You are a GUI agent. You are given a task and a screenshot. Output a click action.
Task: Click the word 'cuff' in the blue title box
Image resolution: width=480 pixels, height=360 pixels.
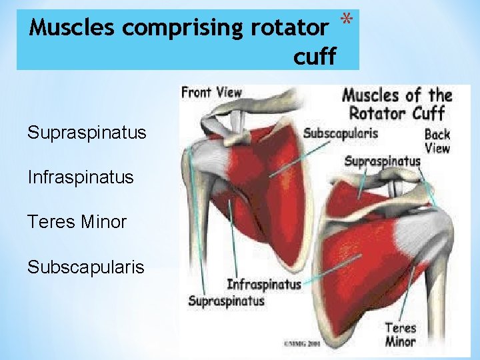(315, 57)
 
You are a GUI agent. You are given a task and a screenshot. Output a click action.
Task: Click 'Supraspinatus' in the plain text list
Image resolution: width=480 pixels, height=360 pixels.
(87, 133)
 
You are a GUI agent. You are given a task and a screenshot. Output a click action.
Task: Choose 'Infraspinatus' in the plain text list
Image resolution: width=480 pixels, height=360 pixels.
(81, 177)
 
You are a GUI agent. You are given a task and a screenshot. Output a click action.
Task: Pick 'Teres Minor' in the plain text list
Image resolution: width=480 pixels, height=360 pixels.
(77, 222)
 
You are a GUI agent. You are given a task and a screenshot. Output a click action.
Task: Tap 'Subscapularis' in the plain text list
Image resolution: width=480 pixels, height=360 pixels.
(86, 267)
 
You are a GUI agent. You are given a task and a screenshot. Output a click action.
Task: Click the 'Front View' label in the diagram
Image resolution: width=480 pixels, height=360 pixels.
(211, 93)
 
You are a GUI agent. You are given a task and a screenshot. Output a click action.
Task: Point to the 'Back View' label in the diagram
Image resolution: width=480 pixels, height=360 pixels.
(437, 141)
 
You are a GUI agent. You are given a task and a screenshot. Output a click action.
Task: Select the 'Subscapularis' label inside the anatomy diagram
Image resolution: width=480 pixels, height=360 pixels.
(341, 133)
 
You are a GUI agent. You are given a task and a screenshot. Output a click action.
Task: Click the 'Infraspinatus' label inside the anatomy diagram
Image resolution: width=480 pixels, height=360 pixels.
(264, 284)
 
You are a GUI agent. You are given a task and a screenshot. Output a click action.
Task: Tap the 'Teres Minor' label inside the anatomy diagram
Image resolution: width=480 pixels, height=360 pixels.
(400, 335)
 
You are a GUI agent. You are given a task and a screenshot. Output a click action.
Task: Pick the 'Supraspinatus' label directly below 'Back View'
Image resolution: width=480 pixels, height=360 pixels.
(383, 161)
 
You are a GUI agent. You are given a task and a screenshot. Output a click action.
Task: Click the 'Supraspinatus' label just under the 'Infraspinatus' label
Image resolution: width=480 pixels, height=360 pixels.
(227, 301)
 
